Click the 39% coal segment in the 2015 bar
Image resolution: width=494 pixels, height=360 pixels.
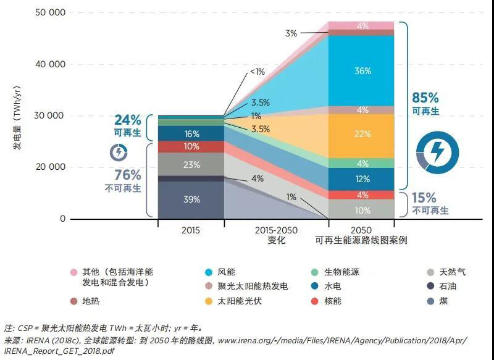click(x=191, y=199)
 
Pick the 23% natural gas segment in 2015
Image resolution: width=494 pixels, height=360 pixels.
click(x=191, y=165)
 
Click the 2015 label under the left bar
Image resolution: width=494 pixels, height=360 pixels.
click(x=191, y=230)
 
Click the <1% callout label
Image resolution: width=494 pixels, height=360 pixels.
click(x=257, y=72)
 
